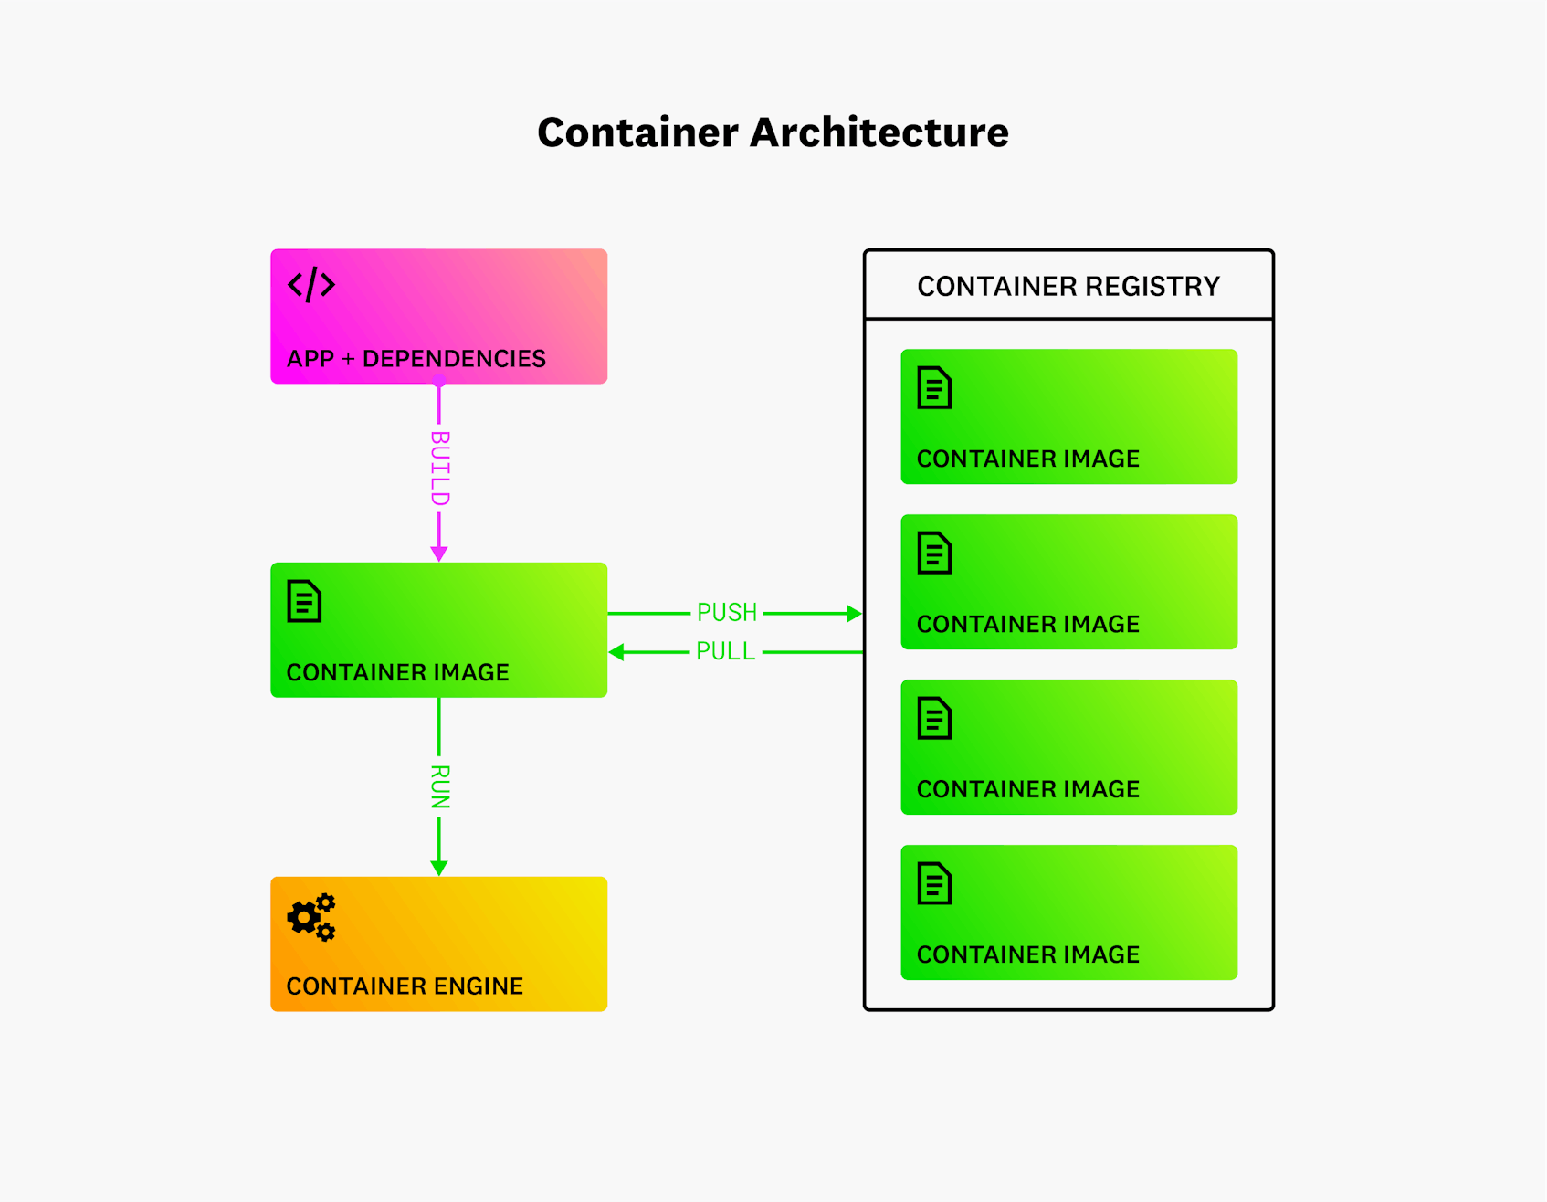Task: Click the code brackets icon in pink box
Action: (311, 284)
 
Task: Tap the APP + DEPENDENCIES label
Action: (416, 359)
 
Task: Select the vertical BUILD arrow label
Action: (439, 469)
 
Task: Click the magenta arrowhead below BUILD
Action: (439, 554)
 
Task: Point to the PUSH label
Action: (727, 612)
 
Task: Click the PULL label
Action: (725, 651)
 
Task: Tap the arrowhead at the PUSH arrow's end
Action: (855, 613)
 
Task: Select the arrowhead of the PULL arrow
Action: (616, 652)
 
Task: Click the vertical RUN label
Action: (439, 787)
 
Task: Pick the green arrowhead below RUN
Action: (439, 868)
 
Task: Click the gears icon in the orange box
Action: (311, 917)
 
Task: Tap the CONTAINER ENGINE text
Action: (405, 986)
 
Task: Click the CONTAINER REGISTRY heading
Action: (1068, 287)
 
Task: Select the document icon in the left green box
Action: (304, 602)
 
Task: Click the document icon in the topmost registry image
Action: (934, 388)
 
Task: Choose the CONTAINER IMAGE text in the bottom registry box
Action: (1028, 954)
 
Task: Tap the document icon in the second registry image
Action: (934, 554)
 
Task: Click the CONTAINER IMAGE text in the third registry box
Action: (1028, 789)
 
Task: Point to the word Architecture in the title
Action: (879, 132)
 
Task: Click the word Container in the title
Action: (637, 132)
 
